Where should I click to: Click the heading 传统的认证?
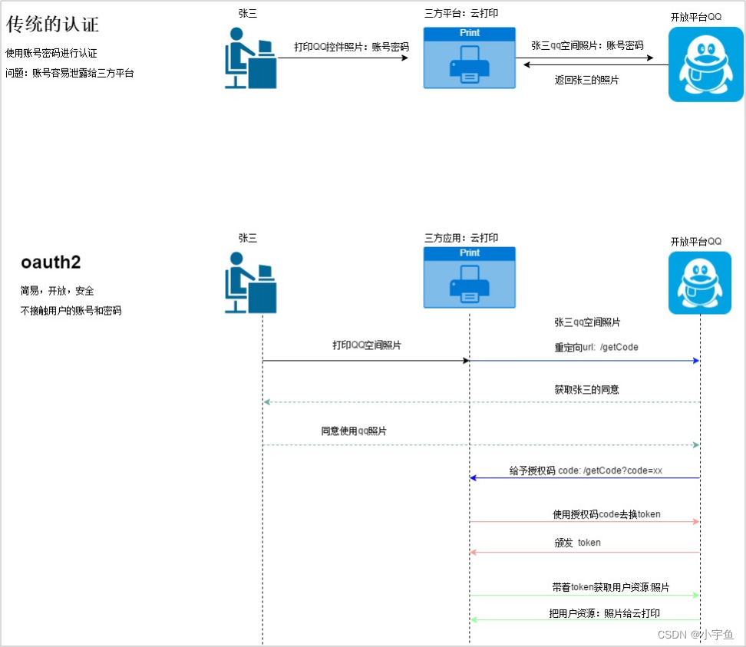tap(53, 24)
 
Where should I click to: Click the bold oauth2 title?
tap(51, 262)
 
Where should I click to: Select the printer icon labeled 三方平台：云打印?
tap(469, 58)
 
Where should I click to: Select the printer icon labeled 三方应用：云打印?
tap(469, 277)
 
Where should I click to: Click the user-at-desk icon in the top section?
tap(250, 58)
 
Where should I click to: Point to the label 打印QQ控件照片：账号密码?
tap(352, 47)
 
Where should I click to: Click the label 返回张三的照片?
tap(587, 80)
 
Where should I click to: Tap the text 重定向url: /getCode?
tap(596, 347)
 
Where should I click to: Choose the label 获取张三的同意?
tap(587, 390)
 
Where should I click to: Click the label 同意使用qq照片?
tap(354, 431)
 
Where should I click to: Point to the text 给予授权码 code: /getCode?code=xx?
tap(586, 470)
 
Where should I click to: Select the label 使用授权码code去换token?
tap(606, 514)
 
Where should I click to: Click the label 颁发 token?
tap(578, 543)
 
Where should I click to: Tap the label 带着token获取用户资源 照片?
tap(610, 587)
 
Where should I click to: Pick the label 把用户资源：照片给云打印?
tap(604, 614)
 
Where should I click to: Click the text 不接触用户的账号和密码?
tap(71, 311)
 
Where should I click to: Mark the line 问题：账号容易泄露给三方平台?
tap(70, 74)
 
